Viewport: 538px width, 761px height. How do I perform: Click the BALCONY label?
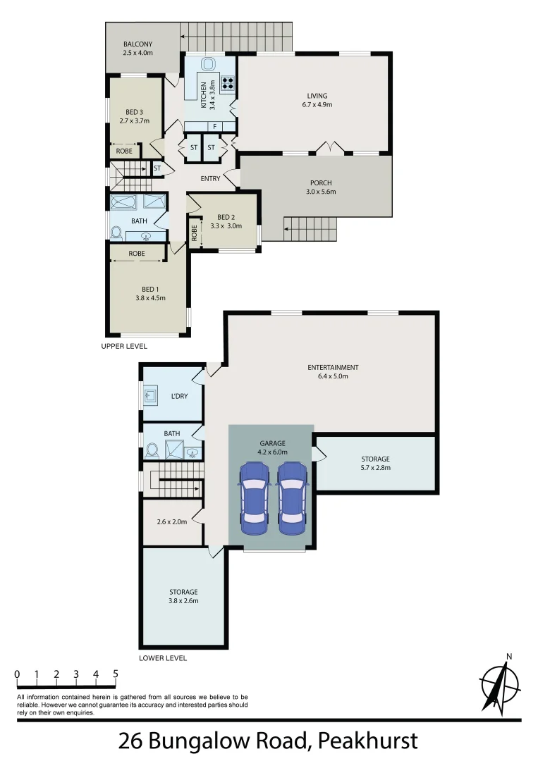[137, 44]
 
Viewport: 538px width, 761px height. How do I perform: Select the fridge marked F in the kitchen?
[214, 126]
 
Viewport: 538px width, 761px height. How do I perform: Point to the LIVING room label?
[317, 96]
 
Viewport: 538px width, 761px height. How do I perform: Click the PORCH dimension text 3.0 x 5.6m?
[321, 192]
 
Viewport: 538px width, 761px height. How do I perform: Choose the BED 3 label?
[135, 112]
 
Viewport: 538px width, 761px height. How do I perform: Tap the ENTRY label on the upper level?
[210, 179]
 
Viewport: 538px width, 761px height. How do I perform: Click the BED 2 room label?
[226, 217]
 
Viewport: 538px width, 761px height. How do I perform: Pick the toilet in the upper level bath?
[116, 232]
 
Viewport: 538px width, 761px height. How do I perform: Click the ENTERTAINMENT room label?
[333, 367]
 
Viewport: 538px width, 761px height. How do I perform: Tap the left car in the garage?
[254, 498]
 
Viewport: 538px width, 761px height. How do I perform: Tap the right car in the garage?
[292, 498]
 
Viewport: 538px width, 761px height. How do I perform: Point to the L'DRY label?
[180, 396]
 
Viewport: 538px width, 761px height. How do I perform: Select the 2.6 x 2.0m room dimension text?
[171, 522]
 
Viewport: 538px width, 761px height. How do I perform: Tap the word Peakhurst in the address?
[367, 741]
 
